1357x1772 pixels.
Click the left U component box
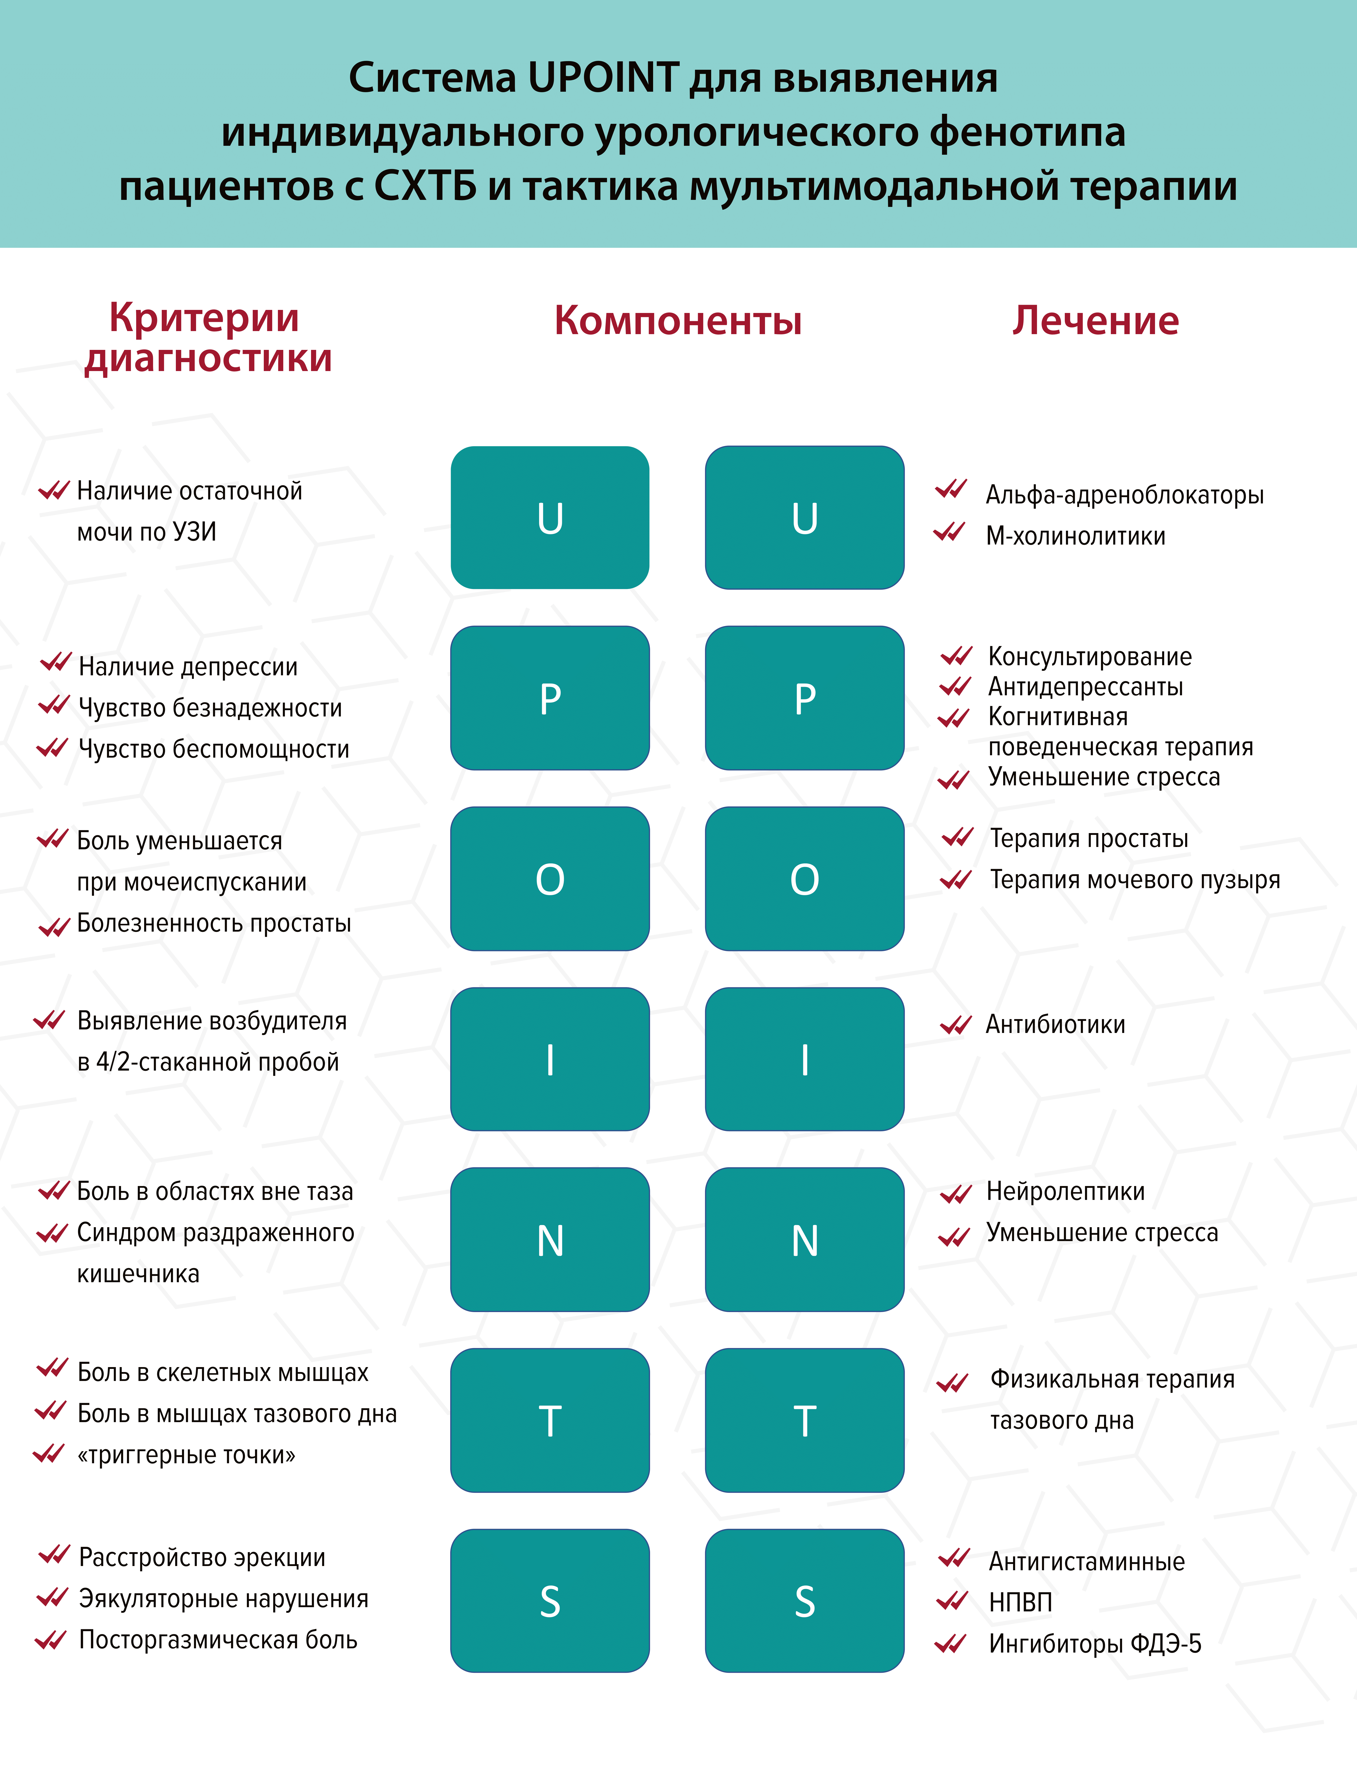550,518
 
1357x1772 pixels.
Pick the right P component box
805,698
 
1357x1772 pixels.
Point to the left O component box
550,879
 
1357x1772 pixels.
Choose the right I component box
805,1059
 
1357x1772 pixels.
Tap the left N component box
550,1240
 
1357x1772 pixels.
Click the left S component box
550,1601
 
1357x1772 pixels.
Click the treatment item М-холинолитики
1075,536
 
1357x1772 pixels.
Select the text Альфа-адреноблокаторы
1124,495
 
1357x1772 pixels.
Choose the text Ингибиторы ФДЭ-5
1094,1644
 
